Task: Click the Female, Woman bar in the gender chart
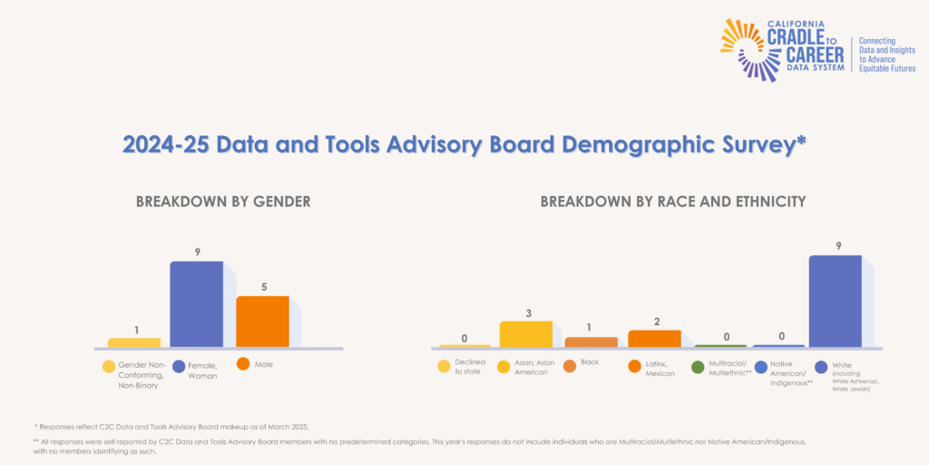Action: pyautogui.click(x=197, y=304)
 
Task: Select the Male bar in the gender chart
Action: pyautogui.click(x=262, y=322)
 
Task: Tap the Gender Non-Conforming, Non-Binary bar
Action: pyautogui.click(x=133, y=342)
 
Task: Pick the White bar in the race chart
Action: pyautogui.click(x=835, y=301)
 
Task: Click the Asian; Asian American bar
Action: pyautogui.click(x=525, y=333)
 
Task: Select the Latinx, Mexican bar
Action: pyautogui.click(x=654, y=338)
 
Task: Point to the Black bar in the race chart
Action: pyautogui.click(x=591, y=341)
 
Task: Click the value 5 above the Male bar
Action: pyautogui.click(x=262, y=287)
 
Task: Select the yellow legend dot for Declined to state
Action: pyautogui.click(x=444, y=367)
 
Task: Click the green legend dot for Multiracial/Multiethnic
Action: pyautogui.click(x=698, y=367)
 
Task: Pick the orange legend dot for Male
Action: pyautogui.click(x=243, y=364)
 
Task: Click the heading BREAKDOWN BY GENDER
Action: pyautogui.click(x=223, y=202)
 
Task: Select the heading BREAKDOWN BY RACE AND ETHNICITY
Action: pyautogui.click(x=672, y=202)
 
